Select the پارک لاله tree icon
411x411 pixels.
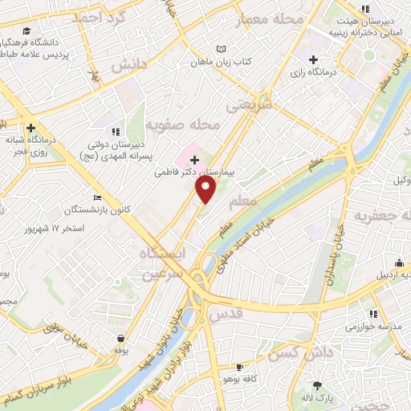pos(317,385)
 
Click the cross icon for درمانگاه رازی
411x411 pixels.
pos(313,59)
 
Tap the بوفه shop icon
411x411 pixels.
pos(120,338)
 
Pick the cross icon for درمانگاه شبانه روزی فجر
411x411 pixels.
pos(31,128)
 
